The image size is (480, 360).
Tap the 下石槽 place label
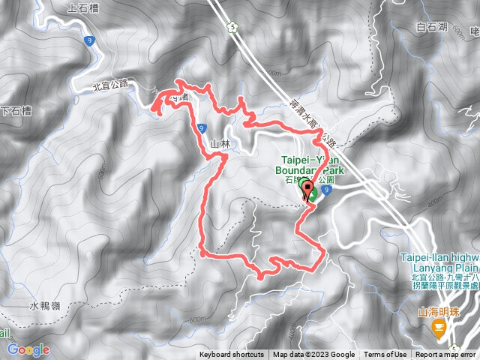tap(16, 111)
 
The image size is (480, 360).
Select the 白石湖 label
tap(430, 27)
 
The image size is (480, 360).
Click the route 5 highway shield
tap(233, 28)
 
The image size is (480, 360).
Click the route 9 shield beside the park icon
tap(328, 190)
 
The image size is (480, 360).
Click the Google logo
tap(28, 349)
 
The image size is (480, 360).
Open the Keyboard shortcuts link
tap(232, 355)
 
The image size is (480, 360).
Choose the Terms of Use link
tap(385, 355)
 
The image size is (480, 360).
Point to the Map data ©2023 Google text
tap(313, 355)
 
